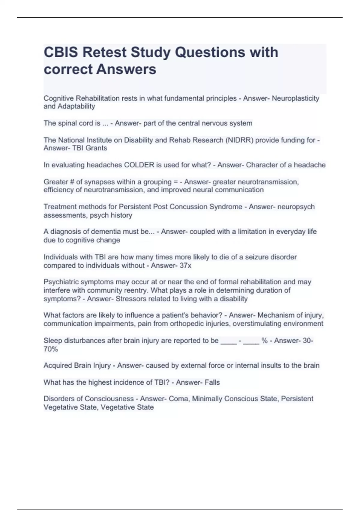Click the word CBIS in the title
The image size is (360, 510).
point(61,52)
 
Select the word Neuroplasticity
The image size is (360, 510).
point(295,98)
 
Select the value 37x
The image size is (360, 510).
point(185,265)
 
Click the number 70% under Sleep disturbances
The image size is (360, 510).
point(51,349)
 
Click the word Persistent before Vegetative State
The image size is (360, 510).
point(297,399)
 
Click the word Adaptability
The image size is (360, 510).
point(76,106)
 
